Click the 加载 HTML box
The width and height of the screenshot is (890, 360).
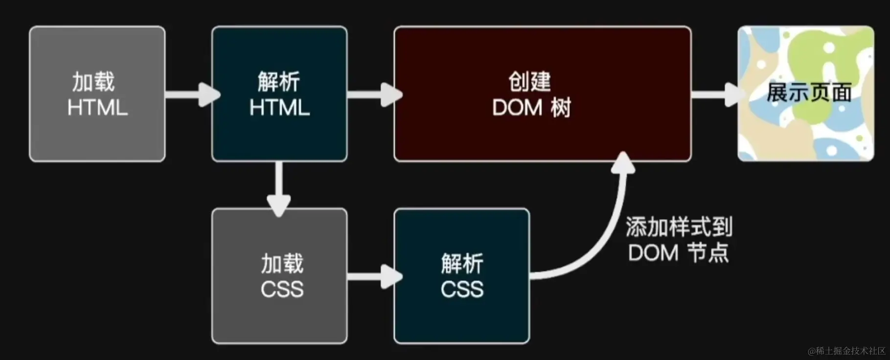[x=97, y=94]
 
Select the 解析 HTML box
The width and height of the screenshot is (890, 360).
[x=279, y=94]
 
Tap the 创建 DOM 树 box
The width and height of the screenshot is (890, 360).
[x=542, y=94]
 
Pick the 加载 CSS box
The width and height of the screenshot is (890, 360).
[x=279, y=276]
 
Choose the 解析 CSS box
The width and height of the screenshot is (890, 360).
[x=461, y=276]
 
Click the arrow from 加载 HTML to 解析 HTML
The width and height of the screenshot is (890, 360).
[x=191, y=94]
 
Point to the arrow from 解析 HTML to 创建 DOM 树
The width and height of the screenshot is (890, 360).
[x=373, y=94]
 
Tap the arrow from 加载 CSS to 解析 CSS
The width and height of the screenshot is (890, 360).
[x=373, y=276]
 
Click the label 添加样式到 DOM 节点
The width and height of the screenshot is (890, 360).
[x=679, y=240]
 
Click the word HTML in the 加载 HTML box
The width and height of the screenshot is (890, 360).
[x=97, y=108]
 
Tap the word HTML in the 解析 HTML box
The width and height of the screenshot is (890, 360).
[x=279, y=108]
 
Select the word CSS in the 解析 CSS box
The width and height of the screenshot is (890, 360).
[x=462, y=289]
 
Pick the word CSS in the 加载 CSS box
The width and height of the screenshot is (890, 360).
[x=282, y=289]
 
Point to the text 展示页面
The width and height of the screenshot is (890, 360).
[x=809, y=93]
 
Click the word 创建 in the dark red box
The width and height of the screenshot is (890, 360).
[x=529, y=82]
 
